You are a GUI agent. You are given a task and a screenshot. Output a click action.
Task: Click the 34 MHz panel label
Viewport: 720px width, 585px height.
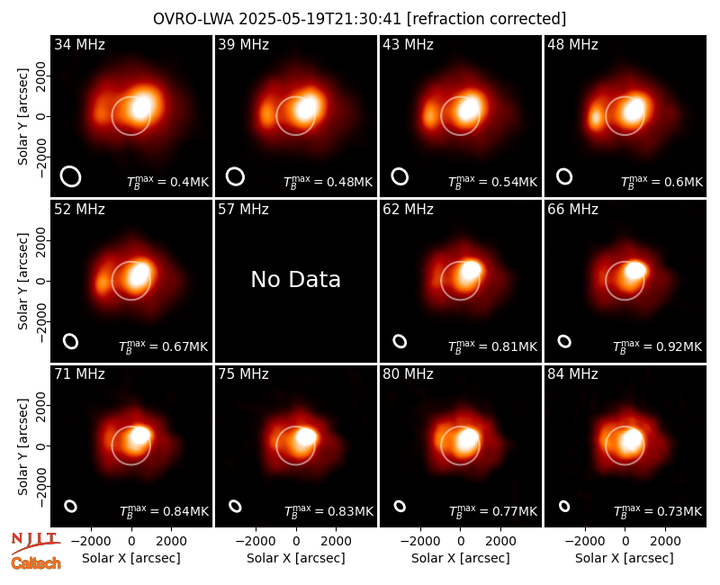79,44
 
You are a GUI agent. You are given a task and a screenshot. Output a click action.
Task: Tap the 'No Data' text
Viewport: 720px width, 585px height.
296,279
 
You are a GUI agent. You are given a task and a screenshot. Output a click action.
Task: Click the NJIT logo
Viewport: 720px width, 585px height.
35,543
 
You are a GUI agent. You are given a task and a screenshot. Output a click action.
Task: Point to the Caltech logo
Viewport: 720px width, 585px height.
36,563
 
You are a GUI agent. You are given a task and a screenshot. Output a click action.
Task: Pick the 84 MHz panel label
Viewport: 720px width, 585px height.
572,374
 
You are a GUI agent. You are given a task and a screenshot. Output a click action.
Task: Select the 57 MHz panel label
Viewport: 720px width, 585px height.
243,210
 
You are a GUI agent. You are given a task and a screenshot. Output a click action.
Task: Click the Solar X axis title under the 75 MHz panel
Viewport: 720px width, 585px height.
296,558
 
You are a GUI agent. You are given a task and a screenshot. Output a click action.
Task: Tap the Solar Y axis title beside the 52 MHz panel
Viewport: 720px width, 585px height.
22,281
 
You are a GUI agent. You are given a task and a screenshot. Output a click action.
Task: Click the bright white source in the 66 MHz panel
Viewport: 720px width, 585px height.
635,270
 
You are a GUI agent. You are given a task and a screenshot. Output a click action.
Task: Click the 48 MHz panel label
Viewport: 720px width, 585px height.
572,44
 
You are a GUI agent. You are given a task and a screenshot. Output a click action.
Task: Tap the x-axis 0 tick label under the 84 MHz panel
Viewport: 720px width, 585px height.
625,542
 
